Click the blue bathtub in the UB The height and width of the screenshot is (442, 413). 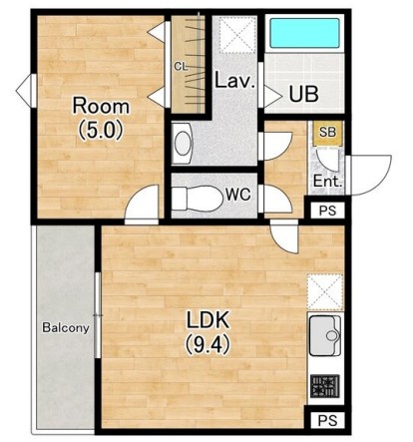(304, 33)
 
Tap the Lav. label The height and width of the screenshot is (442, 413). (234, 81)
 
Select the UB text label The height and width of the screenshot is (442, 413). (304, 94)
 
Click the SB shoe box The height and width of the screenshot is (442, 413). (327, 133)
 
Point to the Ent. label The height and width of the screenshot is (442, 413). (327, 182)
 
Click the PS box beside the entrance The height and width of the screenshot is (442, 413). (327, 211)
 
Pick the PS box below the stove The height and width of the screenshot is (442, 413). (327, 420)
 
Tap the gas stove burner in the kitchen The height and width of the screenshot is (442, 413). (325, 386)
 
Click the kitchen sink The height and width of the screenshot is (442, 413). (325, 335)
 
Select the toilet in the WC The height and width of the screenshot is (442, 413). (198, 199)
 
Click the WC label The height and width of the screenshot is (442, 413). (238, 195)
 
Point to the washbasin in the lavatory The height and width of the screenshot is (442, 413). (183, 144)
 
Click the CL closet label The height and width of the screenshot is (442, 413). (182, 67)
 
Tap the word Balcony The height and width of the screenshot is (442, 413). (66, 328)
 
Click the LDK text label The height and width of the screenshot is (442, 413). (207, 320)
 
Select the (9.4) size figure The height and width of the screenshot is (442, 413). (207, 344)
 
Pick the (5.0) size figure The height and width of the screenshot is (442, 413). (101, 130)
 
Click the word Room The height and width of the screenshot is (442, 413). (101, 106)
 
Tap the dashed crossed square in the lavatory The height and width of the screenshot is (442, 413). (237, 35)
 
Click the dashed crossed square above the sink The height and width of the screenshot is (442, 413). (325, 292)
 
